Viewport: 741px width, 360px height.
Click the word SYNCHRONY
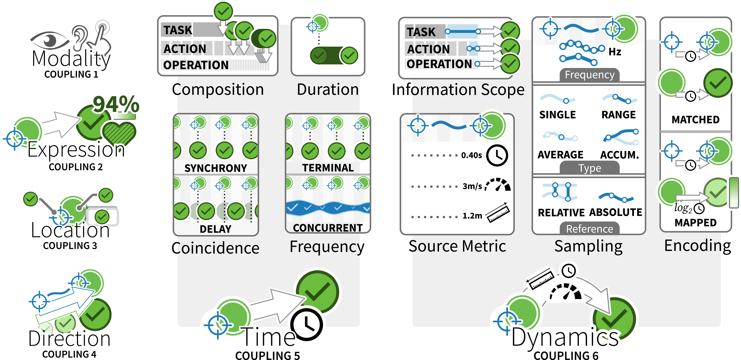216,168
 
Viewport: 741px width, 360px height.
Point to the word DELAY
216,229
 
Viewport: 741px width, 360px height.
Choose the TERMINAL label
328,168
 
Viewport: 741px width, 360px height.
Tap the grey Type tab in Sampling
590,168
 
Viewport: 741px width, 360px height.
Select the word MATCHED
696,119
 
